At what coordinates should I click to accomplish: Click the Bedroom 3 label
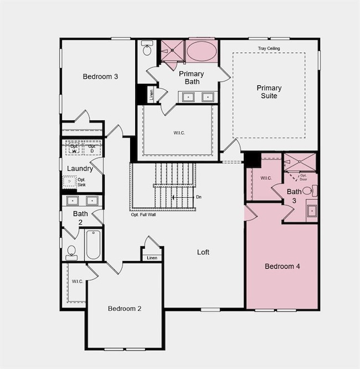pos(100,76)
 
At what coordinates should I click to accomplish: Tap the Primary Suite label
pos(269,92)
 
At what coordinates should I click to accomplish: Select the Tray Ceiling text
pos(269,49)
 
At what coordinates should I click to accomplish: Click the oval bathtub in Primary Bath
pos(202,52)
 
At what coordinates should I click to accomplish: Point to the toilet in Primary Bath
pos(147,49)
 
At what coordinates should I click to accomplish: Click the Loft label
pos(203,252)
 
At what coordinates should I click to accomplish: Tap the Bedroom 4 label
pos(282,266)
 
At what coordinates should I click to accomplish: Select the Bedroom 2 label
pos(125,309)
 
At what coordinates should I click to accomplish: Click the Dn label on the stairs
pos(198,197)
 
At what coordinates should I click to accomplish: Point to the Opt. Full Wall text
pos(143,214)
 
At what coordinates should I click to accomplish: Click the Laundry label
pos(80,168)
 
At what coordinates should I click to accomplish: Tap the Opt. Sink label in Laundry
pos(81,182)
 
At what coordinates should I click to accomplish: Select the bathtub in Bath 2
pos(93,245)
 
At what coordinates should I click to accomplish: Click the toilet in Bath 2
pos(71,252)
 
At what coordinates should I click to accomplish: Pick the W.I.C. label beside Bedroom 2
pos(77,281)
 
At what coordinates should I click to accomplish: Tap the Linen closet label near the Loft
pos(152,257)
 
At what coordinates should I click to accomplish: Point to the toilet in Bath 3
pos(308,191)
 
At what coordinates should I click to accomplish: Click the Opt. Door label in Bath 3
pos(303,177)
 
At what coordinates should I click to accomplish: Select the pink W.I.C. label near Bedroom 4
pos(265,178)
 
